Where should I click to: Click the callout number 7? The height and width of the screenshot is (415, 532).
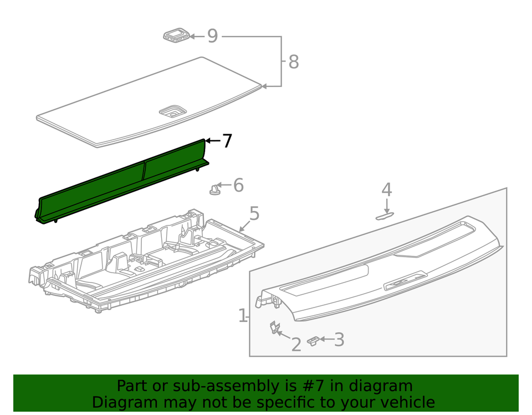[227, 141]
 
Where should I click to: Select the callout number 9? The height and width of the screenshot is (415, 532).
[212, 37]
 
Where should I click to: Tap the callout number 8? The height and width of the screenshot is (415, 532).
[293, 62]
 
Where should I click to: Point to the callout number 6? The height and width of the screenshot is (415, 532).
[238, 185]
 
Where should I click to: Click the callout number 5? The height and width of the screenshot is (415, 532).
[254, 213]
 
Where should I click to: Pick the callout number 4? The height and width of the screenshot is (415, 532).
[386, 190]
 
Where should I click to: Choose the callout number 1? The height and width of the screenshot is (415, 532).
[242, 316]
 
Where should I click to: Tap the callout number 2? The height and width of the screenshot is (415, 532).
[296, 344]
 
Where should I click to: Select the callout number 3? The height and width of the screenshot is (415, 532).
[339, 340]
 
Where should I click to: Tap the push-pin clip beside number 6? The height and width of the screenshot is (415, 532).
[214, 189]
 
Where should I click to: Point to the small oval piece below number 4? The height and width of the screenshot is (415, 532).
[385, 216]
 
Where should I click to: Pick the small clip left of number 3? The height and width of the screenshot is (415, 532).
[314, 341]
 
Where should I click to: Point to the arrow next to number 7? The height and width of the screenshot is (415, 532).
[212, 141]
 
